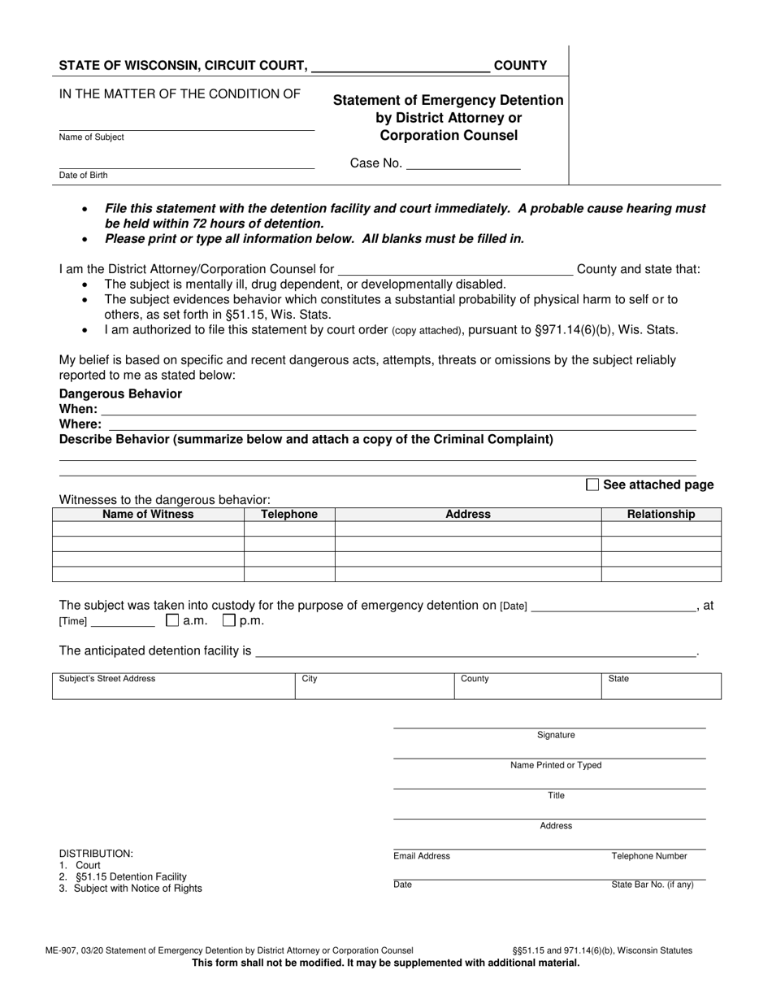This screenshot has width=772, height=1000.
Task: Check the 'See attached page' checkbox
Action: click(x=592, y=485)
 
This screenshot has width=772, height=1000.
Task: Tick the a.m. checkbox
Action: click(x=172, y=620)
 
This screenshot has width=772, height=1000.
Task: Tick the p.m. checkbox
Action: click(x=229, y=620)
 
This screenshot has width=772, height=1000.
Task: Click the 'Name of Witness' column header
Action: click(x=148, y=514)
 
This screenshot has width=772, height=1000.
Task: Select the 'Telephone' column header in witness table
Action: click(x=289, y=514)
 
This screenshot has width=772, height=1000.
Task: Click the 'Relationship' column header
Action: click(x=661, y=514)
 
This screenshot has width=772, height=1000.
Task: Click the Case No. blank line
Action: click(x=462, y=164)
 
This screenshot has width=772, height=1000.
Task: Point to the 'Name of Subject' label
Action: click(x=92, y=137)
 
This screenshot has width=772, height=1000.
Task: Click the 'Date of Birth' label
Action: click(x=83, y=176)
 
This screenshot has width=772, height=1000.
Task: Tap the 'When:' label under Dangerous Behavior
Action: click(x=78, y=409)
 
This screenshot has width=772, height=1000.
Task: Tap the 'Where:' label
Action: click(x=80, y=424)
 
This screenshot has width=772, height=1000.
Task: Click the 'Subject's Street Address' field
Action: click(x=173, y=686)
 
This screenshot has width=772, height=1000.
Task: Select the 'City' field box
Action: click(x=374, y=686)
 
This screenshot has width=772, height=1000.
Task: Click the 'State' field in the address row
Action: click(x=661, y=686)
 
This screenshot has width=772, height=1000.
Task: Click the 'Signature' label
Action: click(x=556, y=735)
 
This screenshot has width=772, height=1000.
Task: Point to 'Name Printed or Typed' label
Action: click(x=556, y=765)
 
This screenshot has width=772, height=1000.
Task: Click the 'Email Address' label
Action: click(x=422, y=856)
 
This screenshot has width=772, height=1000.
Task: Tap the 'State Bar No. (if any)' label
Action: click(x=653, y=885)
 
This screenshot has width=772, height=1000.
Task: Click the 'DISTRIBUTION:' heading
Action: click(x=96, y=854)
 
